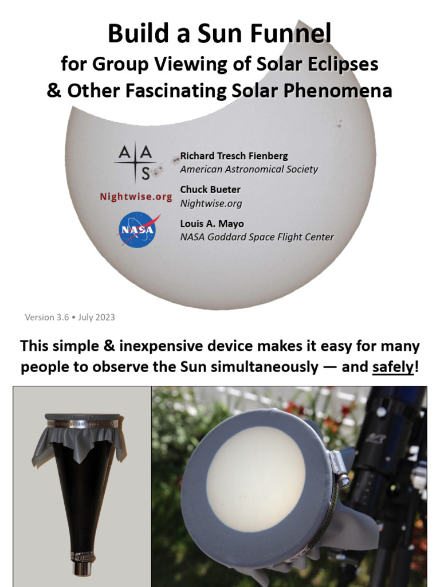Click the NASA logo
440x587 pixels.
(x=137, y=230)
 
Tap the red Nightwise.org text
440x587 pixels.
(x=136, y=197)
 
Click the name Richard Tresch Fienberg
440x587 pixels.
(x=234, y=156)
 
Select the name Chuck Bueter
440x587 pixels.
(x=210, y=189)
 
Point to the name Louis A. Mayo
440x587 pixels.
(x=212, y=224)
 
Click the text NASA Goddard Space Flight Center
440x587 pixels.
(x=257, y=237)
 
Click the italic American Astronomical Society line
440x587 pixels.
(x=249, y=169)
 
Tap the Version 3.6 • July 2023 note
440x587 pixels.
(x=70, y=317)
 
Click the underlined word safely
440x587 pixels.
(x=392, y=367)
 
